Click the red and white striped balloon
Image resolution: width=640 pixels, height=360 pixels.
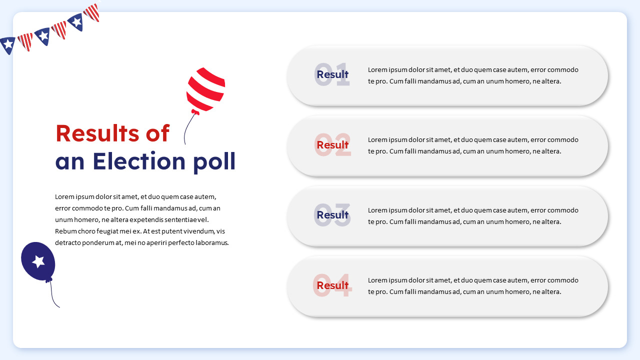(x=205, y=89)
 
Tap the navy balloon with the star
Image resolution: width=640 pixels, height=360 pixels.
(x=38, y=260)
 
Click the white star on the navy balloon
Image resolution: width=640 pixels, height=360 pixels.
(x=38, y=260)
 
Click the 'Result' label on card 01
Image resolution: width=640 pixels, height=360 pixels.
(x=332, y=75)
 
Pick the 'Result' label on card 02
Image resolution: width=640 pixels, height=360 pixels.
(x=332, y=145)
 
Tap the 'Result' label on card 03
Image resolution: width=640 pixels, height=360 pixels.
(x=332, y=215)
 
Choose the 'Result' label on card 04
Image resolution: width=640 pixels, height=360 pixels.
(x=332, y=285)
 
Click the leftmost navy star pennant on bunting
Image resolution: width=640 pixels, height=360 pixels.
(x=7, y=45)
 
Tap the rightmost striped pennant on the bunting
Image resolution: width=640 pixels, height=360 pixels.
(x=92, y=12)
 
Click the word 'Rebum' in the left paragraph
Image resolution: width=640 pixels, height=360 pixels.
(x=65, y=231)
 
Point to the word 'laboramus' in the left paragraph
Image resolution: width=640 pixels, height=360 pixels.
(x=212, y=243)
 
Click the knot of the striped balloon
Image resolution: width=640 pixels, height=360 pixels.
(x=195, y=112)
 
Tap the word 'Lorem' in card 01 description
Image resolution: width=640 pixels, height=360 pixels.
(x=377, y=70)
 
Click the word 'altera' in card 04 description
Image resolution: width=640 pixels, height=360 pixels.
(x=550, y=292)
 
